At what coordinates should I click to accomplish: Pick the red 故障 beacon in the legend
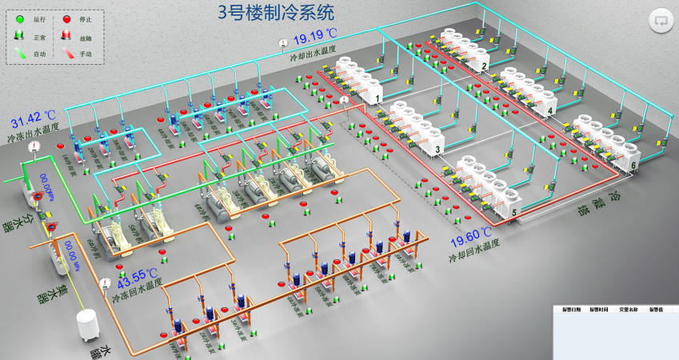[x=66, y=36]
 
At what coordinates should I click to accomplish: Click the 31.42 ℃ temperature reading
[x=33, y=122]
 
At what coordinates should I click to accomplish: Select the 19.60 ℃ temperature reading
[x=473, y=234]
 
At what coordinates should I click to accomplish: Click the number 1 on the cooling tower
[x=376, y=98]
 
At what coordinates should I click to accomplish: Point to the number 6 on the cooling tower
[x=633, y=166]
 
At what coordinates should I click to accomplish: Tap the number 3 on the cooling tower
[x=437, y=150]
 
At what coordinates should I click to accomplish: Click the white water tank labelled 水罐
[x=86, y=326]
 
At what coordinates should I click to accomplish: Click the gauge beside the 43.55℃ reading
[x=106, y=282]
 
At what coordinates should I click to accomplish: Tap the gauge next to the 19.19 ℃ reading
[x=282, y=43]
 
